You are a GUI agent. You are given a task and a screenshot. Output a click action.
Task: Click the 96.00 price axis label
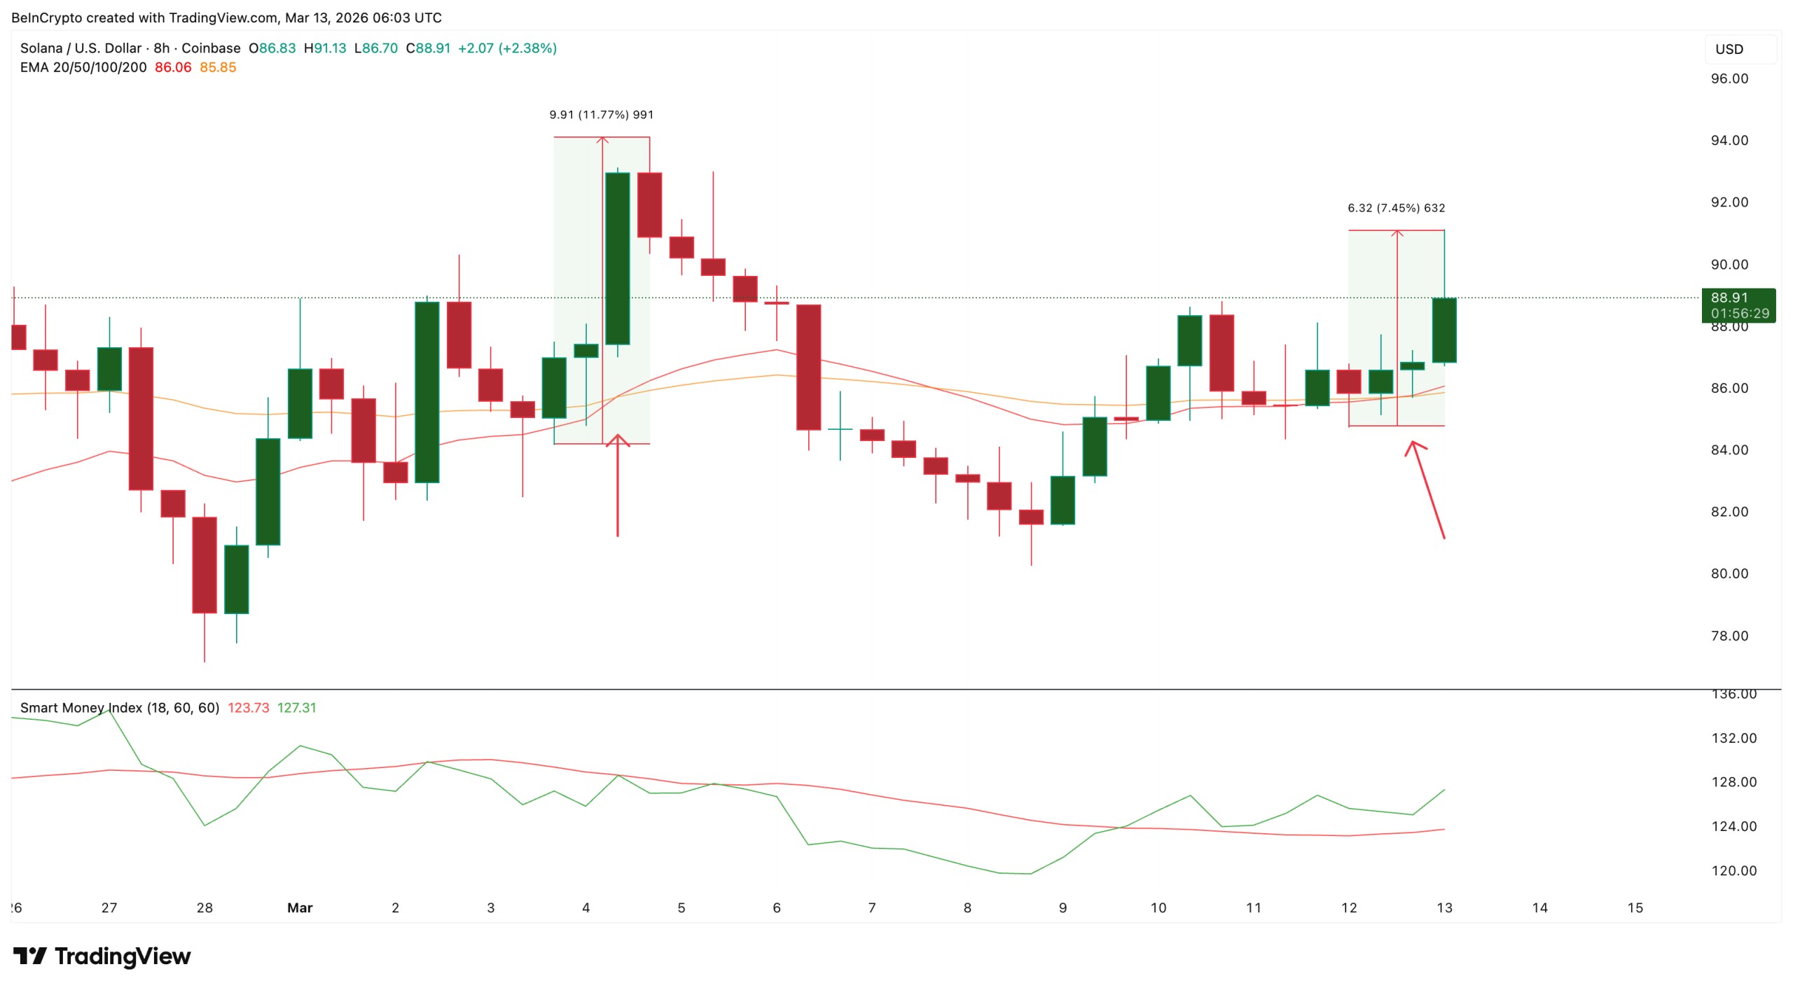pyautogui.click(x=1729, y=78)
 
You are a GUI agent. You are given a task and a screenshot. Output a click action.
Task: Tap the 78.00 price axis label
pyautogui.click(x=1729, y=636)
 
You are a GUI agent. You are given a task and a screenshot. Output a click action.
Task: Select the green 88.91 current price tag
pyautogui.click(x=1738, y=305)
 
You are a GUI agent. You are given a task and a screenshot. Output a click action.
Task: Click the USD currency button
pyautogui.click(x=1729, y=49)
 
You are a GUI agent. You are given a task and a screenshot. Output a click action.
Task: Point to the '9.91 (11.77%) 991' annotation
pyautogui.click(x=601, y=115)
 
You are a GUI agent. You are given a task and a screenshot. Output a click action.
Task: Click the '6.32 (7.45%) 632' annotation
pyautogui.click(x=1396, y=208)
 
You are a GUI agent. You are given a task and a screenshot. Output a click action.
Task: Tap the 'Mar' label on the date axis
pyautogui.click(x=300, y=907)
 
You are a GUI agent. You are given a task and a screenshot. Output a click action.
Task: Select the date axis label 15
pyautogui.click(x=1635, y=907)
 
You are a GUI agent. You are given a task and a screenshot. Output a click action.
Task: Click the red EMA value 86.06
pyautogui.click(x=173, y=67)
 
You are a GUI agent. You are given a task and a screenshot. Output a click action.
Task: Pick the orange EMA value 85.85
pyautogui.click(x=218, y=67)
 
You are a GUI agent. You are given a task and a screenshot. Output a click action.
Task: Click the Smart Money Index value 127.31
pyautogui.click(x=296, y=708)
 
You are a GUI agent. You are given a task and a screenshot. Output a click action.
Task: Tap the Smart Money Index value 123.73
pyautogui.click(x=248, y=708)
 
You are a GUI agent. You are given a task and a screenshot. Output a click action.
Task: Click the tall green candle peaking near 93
pyautogui.click(x=617, y=258)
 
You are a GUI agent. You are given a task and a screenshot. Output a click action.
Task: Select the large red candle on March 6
pyautogui.click(x=808, y=367)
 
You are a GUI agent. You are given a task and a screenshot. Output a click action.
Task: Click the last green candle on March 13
pyautogui.click(x=1444, y=330)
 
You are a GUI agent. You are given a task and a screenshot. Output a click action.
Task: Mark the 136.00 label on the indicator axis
pyautogui.click(x=1733, y=695)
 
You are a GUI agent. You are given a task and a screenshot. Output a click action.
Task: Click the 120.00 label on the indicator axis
pyautogui.click(x=1733, y=871)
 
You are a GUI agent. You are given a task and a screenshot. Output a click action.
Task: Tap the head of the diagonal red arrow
pyautogui.click(x=1413, y=444)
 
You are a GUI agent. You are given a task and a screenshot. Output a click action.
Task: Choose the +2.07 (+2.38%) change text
pyautogui.click(x=507, y=48)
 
